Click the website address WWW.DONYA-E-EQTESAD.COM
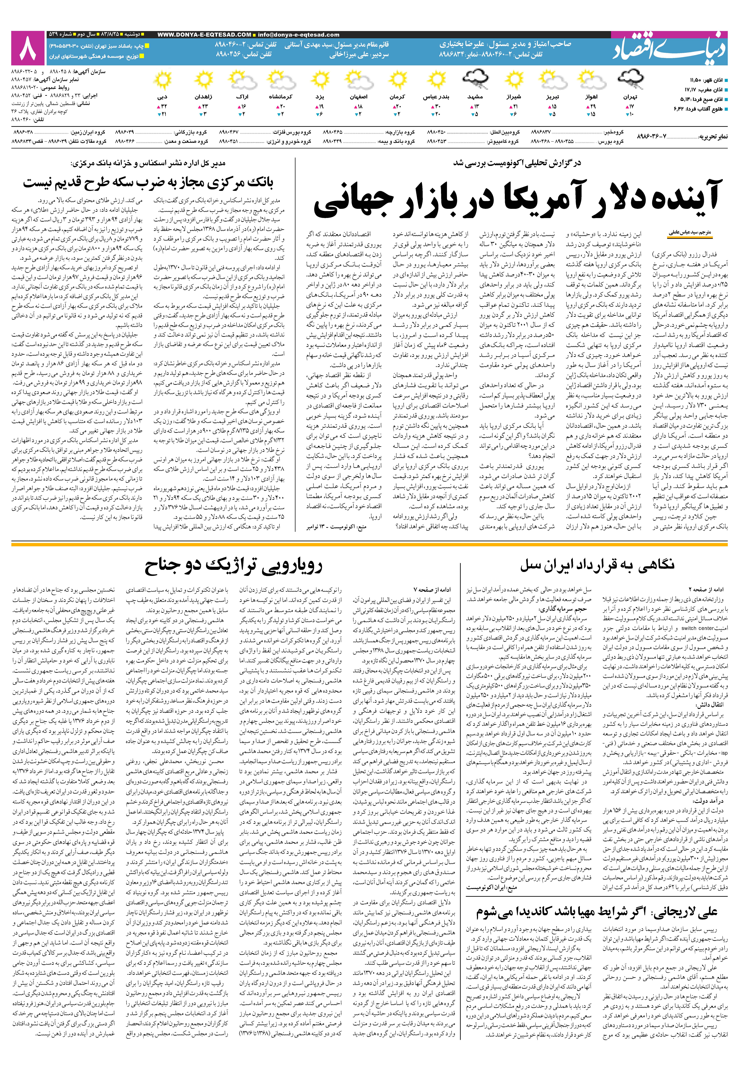[204, 35]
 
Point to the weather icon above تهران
[631, 80]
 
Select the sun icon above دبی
[163, 80]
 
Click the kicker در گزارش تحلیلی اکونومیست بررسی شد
[517, 163]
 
